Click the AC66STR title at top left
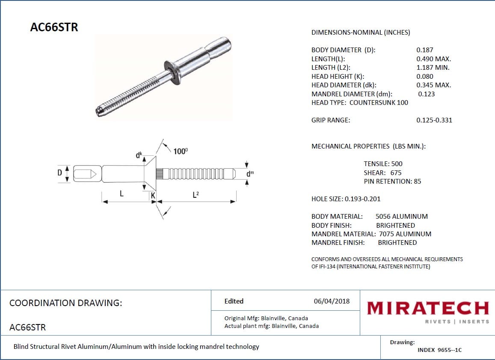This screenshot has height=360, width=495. [54, 27]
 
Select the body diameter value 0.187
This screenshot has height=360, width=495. [424, 50]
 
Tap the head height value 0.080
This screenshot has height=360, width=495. [424, 76]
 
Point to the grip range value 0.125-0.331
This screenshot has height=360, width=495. [434, 120]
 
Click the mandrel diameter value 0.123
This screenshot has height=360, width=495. [426, 94]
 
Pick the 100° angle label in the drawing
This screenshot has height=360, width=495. [181, 151]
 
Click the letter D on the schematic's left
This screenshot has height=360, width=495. [60, 173]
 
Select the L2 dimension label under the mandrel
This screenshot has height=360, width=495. [196, 195]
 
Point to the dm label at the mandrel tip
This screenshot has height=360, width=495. [250, 174]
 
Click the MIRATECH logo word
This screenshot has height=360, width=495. [427, 308]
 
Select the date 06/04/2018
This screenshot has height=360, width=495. [331, 301]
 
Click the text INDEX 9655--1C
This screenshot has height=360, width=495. [439, 350]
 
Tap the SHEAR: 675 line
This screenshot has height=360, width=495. [382, 173]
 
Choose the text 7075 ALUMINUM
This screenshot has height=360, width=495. [405, 234]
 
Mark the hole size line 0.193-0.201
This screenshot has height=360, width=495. [346, 199]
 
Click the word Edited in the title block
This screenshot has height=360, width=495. [234, 301]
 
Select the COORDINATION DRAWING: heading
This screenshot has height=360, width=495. [65, 303]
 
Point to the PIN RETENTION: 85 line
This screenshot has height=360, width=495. [392, 181]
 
